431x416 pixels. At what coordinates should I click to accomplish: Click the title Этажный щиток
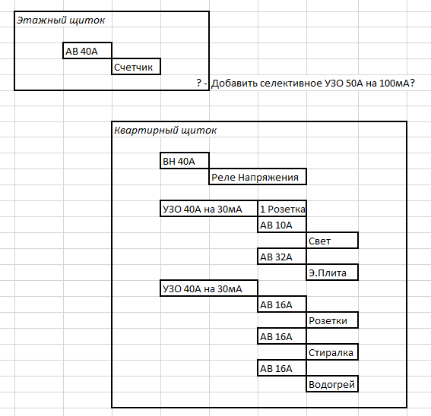[x=61, y=20]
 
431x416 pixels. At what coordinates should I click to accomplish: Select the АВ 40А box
[x=87, y=51]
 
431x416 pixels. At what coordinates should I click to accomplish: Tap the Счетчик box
[x=136, y=67]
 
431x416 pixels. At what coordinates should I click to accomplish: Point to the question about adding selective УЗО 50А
[x=306, y=83]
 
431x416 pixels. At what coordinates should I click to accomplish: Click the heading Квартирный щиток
[x=165, y=130]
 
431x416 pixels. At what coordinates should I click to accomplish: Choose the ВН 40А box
[x=185, y=161]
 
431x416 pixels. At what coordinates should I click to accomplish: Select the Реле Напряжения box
[x=258, y=177]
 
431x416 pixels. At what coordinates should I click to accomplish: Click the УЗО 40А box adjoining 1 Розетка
[x=209, y=209]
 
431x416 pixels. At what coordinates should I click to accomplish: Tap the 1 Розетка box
[x=282, y=209]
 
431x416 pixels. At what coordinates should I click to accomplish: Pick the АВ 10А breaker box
[x=282, y=225]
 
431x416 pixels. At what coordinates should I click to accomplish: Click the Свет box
[x=332, y=241]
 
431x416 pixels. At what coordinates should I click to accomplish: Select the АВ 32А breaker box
[x=282, y=257]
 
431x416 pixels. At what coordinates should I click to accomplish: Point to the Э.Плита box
[x=332, y=273]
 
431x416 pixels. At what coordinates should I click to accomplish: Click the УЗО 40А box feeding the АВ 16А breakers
[x=209, y=288]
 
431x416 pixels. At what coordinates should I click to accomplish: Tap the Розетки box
[x=332, y=320]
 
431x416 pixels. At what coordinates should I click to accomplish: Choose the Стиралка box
[x=332, y=352]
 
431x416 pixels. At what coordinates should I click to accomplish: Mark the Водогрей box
[x=332, y=384]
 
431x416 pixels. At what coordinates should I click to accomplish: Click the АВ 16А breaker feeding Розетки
[x=282, y=304]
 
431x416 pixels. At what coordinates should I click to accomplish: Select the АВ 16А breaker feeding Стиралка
[x=282, y=336]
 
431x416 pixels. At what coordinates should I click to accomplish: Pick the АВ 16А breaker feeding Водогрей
[x=282, y=368]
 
